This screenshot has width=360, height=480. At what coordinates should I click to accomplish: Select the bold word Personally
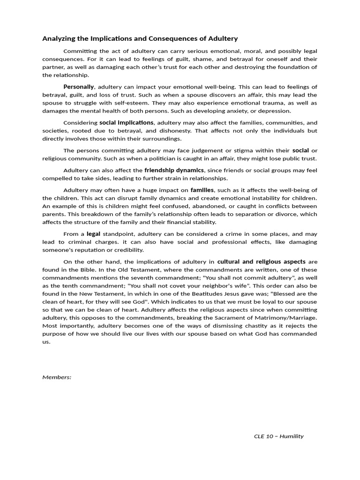[79, 87]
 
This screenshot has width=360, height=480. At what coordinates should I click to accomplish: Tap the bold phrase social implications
[127, 122]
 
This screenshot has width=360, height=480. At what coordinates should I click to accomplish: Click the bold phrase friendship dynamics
[174, 170]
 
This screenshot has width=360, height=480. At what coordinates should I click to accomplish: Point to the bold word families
[202, 190]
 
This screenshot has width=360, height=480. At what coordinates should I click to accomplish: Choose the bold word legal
[94, 233]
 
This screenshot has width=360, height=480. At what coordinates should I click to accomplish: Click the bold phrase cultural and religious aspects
[262, 261]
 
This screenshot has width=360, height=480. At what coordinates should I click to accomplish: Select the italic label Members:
[57, 377]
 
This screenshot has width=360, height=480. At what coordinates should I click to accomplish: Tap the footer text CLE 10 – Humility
[278, 436]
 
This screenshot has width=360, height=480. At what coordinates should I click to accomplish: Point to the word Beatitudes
[196, 293]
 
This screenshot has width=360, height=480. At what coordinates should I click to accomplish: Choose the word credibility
[127, 250]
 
